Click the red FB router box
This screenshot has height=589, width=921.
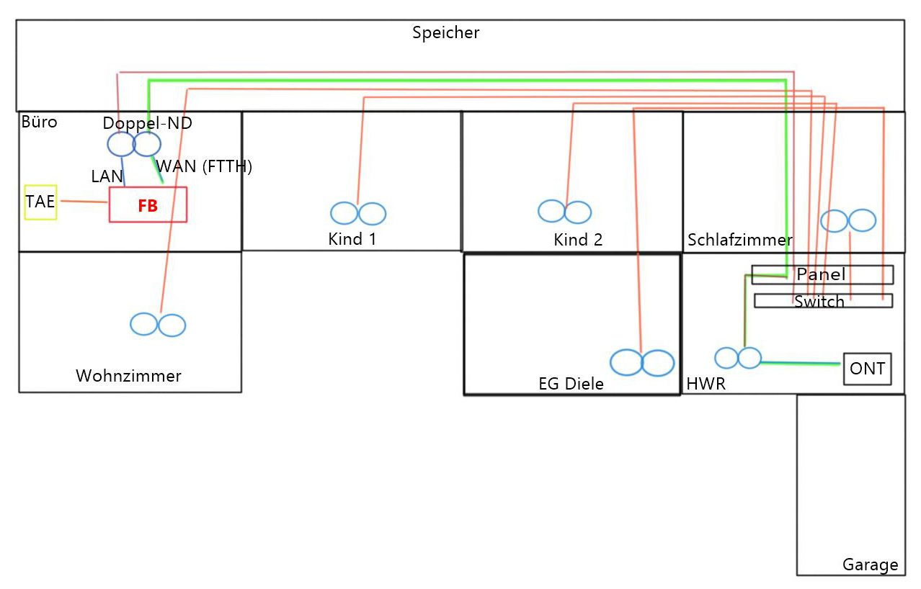coord(148,205)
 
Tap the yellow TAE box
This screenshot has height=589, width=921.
coord(40,202)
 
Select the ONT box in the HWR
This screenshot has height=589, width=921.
coord(867,369)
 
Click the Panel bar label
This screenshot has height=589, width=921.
coord(821,274)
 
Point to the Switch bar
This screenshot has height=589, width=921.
coord(819,301)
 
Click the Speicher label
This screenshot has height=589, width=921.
coord(445,32)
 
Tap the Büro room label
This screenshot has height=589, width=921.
coord(39,122)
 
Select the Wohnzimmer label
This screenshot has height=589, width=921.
coord(128,376)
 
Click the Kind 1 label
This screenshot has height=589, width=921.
coord(352,239)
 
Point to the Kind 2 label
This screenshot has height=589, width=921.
coord(577,240)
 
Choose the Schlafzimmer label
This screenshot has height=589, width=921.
coord(739,240)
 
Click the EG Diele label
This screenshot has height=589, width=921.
coord(571,384)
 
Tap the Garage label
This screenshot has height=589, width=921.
coord(870,565)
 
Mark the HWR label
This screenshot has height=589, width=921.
coord(706,385)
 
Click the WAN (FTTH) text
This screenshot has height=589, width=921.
coord(204,166)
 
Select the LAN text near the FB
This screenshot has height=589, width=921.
coord(107,176)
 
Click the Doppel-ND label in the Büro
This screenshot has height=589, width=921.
coord(147,123)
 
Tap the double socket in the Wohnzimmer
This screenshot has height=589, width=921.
coord(158,325)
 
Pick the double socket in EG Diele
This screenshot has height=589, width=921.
coord(641,363)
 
